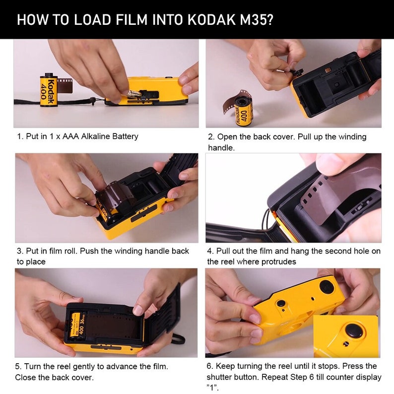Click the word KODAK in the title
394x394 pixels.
click(x=211, y=20)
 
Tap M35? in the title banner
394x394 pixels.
click(x=255, y=20)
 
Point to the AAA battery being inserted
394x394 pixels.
click(x=136, y=93)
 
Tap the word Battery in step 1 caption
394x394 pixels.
click(x=124, y=136)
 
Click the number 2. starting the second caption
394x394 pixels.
click(x=211, y=136)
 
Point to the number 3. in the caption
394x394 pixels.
click(x=20, y=251)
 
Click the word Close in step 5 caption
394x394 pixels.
click(x=25, y=378)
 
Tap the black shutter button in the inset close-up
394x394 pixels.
click(x=353, y=329)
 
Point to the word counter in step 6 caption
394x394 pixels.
click(x=335, y=378)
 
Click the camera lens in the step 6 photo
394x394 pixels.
click(x=326, y=286)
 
